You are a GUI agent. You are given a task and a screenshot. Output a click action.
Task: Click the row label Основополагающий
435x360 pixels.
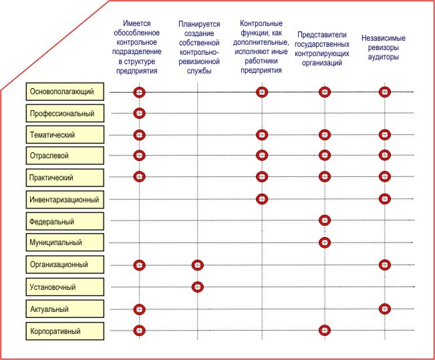[x=66, y=91]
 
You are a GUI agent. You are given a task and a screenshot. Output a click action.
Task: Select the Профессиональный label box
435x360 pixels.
[x=66, y=113]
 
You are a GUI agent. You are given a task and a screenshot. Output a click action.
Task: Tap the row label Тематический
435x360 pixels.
[x=66, y=134]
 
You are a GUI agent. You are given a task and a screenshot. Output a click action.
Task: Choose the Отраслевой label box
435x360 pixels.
[x=66, y=156]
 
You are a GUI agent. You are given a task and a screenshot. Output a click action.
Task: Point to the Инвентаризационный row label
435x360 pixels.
[x=66, y=199]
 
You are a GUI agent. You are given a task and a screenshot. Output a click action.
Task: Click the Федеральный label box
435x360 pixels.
[x=66, y=220]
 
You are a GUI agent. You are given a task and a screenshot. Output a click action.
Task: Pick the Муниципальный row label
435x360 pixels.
[x=66, y=242]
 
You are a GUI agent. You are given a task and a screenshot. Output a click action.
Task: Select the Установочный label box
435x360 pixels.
[x=66, y=287]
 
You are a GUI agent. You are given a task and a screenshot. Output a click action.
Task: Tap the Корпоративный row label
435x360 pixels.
[x=66, y=331]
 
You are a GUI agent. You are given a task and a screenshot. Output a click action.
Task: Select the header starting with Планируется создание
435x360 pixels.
[x=198, y=48]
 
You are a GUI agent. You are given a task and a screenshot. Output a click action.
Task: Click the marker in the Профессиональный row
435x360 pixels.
[x=139, y=113]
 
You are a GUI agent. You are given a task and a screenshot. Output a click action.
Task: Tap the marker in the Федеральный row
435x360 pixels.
[x=325, y=220]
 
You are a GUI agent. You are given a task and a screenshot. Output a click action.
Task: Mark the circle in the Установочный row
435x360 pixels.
[x=197, y=287]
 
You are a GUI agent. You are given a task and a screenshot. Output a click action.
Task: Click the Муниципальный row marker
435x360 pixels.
[x=325, y=242]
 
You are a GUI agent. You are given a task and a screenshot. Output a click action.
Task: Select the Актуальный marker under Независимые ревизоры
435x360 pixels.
[x=384, y=309]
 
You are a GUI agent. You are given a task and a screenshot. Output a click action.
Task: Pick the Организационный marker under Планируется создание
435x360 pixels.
[x=197, y=265]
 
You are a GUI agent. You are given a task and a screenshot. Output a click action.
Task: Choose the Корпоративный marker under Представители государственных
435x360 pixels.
[x=325, y=330]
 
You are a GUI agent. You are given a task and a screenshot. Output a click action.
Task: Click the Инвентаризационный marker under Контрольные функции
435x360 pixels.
[x=262, y=198]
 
